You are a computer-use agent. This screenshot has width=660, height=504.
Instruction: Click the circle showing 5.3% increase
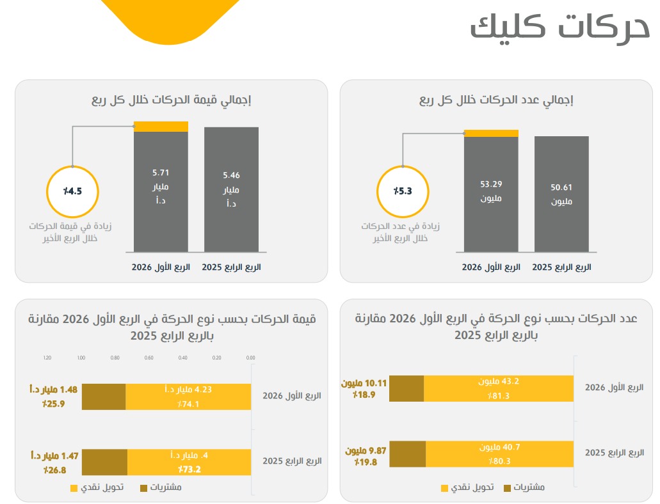[403, 192]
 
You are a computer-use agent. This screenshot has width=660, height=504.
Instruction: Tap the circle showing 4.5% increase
[72, 191]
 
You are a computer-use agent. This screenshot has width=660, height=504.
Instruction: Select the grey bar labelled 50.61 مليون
[561, 194]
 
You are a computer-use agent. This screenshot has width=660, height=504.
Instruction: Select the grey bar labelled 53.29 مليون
[491, 194]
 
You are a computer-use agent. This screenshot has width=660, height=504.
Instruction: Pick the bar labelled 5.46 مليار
[231, 189]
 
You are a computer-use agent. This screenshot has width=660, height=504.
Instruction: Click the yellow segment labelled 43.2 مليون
[499, 388]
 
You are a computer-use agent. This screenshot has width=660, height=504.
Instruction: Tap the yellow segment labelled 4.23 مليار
[188, 397]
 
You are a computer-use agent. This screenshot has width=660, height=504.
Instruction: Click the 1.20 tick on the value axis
[47, 358]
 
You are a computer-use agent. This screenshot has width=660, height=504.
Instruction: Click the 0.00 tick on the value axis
[250, 358]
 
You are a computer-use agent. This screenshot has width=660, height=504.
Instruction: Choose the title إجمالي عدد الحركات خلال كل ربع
[496, 100]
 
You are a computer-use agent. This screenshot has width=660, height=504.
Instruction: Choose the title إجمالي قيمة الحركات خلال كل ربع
[170, 100]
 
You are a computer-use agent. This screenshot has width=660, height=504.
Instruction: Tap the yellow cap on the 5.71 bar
[161, 126]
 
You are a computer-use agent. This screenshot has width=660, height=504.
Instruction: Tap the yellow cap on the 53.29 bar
[491, 133]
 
